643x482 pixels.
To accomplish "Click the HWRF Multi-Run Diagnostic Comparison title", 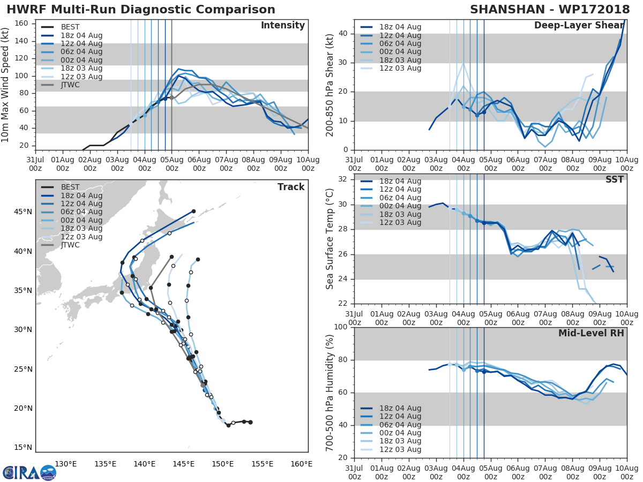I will coord(141,10).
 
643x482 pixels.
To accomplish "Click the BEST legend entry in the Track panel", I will coord(70,187).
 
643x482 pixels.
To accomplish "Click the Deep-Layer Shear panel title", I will coord(579,26).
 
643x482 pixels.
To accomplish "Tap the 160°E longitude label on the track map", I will coord(302,464).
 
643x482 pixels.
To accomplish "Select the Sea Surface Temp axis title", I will coord(330,238).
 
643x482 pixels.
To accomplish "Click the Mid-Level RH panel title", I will coord(591,333).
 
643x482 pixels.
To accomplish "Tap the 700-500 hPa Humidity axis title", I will coord(330,392).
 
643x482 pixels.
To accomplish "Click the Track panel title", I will coord(291,187).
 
